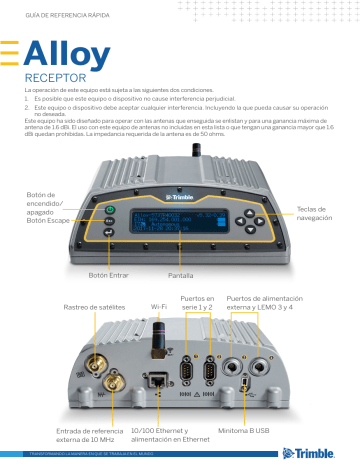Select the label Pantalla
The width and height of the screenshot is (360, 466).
coord(181,273)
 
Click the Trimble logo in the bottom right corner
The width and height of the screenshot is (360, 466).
coord(314,452)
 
